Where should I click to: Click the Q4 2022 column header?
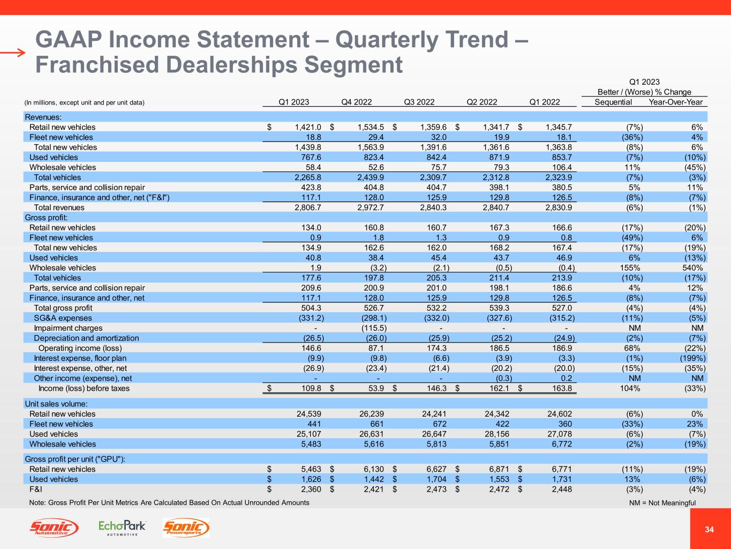(x=356, y=102)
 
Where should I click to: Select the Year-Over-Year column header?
(x=675, y=102)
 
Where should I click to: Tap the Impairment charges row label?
(x=68, y=328)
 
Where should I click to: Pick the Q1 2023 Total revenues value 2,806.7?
(x=308, y=207)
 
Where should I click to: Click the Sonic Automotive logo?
(x=54, y=528)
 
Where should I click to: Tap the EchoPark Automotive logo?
(x=122, y=528)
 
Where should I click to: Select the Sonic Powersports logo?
(x=186, y=528)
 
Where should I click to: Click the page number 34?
(x=710, y=530)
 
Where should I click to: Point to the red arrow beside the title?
(x=13, y=53)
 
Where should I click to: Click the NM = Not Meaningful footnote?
(x=662, y=503)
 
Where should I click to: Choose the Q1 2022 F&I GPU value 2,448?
(x=561, y=489)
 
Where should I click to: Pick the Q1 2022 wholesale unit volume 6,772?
(x=561, y=444)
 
